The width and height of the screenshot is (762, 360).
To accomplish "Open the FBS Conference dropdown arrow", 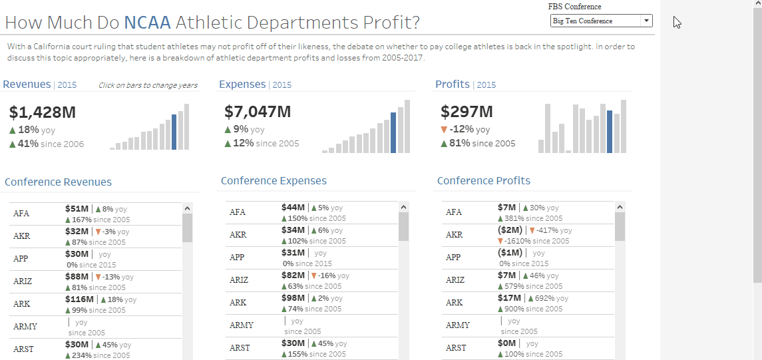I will tap(646, 21).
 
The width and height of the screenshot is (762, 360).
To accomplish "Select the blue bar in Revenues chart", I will tap(174, 132).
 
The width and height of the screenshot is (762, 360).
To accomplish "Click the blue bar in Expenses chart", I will tap(393, 132).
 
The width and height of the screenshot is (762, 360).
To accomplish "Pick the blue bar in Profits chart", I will tap(610, 131).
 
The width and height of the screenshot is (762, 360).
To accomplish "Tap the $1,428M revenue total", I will tap(43, 112).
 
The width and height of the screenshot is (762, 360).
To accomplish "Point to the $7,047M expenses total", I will tap(258, 112).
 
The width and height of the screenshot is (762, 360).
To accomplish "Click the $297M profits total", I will tap(467, 112).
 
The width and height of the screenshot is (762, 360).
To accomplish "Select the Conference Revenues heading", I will tap(58, 182).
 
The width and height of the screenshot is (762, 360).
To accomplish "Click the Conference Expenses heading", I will tap(274, 181).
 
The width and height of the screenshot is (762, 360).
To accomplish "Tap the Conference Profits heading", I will tap(484, 181).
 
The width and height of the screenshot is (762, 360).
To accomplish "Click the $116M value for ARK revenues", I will tap(79, 299).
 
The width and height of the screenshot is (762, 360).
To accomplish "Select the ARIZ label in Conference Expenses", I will tap(239, 280).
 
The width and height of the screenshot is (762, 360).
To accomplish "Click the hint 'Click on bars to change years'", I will tap(148, 85).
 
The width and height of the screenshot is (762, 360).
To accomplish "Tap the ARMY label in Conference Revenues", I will tap(25, 327).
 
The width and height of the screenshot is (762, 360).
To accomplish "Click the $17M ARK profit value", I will tap(509, 298).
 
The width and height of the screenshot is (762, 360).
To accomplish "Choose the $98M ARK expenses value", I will tap(293, 298).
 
